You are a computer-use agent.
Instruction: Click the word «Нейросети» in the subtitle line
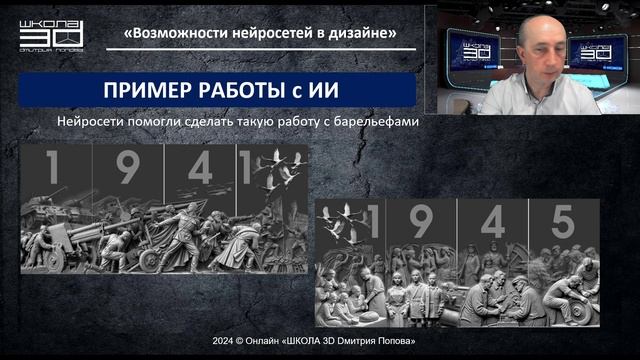(92, 123)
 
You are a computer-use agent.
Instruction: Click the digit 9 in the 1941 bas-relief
(128, 169)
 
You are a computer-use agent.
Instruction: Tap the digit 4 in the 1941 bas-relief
(200, 168)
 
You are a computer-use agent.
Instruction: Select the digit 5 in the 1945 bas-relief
(564, 223)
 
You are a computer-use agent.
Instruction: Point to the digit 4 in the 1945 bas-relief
(492, 223)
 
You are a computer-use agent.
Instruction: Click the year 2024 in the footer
(223, 341)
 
